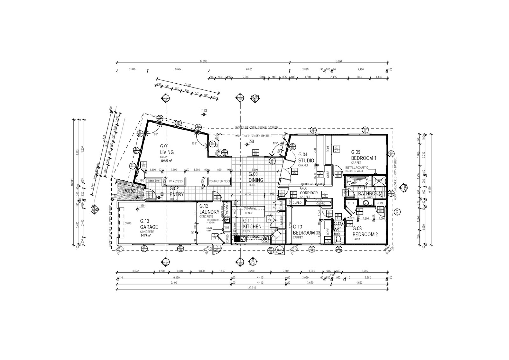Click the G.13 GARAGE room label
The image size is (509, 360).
[149, 224]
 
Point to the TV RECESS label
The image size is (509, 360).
[176, 181]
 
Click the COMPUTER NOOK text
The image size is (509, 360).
[220, 181]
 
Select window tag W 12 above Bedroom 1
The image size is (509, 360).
[365, 130]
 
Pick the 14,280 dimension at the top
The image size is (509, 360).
[203, 61]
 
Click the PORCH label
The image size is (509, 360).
[130, 191]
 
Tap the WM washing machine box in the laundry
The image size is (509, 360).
[227, 228]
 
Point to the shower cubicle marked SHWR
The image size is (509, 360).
[378, 181]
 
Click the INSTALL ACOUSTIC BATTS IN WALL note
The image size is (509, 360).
[357, 169]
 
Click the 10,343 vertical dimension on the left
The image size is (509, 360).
[73, 182]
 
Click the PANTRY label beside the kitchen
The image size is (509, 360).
[282, 221]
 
